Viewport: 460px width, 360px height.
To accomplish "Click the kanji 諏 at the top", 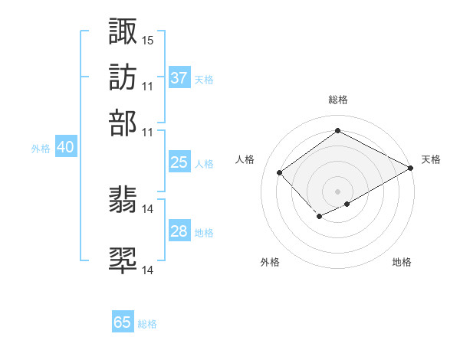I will pos(123,31).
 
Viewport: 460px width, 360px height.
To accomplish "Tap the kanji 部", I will pos(123,123).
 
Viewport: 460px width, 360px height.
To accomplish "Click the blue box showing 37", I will pos(179,78).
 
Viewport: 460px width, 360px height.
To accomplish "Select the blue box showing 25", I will pos(179,162).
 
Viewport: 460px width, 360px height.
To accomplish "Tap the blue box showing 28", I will pos(179,231).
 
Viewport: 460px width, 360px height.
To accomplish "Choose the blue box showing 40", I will pos(65,148).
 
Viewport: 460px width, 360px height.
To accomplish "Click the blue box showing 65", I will pos(123,322).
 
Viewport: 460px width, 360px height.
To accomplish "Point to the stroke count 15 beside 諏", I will pos(147,39).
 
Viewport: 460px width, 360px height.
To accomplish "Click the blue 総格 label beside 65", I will pos(147,324).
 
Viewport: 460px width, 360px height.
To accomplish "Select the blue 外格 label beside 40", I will pos(40,149).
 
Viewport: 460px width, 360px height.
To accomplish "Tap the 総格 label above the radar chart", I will pos(337,100).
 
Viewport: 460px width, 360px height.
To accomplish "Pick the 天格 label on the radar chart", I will pos(431,159).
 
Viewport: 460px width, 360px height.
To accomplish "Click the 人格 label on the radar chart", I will pos(245,159).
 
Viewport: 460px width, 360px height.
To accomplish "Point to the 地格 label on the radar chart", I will pos(402,263).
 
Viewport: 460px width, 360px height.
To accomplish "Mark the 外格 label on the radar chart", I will pos(270,263).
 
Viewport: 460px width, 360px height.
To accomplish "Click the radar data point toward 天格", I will pos(411,169).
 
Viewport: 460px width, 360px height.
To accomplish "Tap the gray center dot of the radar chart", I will pos(337,191).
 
